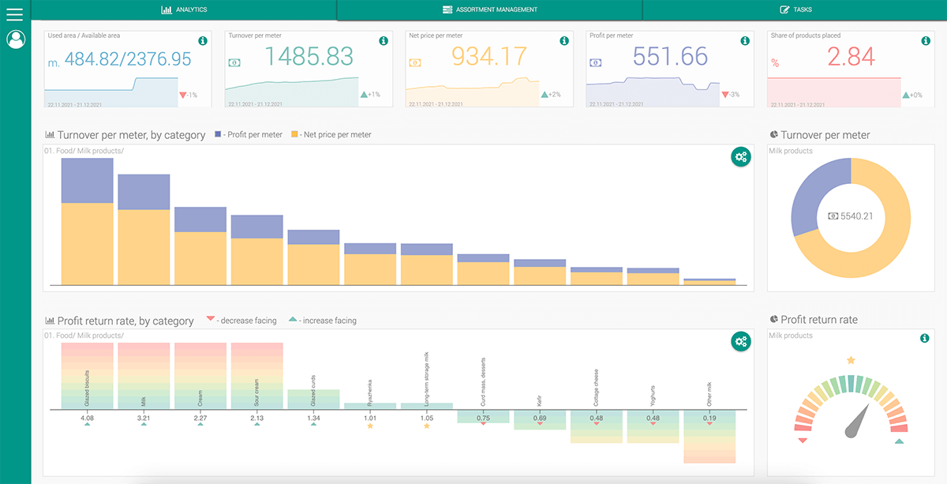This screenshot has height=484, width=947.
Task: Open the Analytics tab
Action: [x=184, y=9]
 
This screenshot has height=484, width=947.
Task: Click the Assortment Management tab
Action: [x=489, y=9]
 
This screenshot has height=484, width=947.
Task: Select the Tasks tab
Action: [x=795, y=9]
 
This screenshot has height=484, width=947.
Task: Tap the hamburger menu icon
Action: [x=15, y=13]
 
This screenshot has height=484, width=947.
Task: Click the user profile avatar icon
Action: [x=16, y=39]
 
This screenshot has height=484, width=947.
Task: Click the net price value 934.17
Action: [x=490, y=57]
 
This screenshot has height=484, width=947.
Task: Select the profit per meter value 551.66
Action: [x=671, y=57]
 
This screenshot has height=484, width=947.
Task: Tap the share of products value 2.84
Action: [x=851, y=57]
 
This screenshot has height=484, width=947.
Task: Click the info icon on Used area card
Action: [x=203, y=40]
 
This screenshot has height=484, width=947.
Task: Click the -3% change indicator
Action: [x=731, y=95]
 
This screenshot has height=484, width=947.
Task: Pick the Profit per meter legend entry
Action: [x=249, y=135]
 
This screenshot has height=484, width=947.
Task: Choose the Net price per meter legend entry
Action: [x=331, y=135]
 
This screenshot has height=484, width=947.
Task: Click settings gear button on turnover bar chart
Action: [x=740, y=156]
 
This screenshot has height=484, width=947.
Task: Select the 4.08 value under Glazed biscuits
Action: [x=87, y=418]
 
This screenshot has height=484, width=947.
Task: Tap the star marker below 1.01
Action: [x=370, y=426]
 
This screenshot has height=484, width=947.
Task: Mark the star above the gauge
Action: [x=851, y=360]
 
